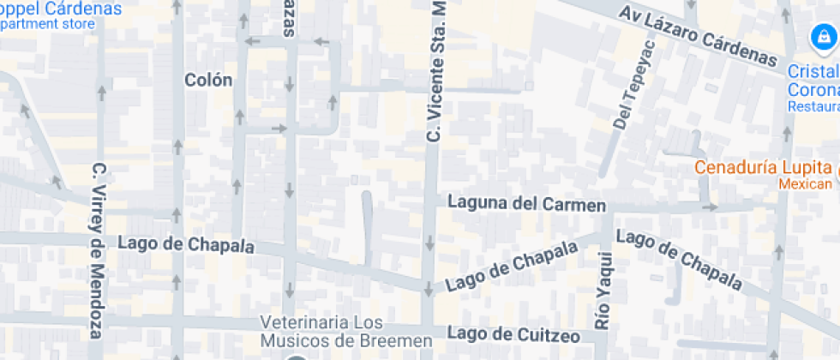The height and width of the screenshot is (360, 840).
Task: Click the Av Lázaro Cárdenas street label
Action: tap(698, 34)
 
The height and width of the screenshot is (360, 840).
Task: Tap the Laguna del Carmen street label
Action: tap(526, 204)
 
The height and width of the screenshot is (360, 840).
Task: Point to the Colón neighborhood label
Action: tap(208, 80)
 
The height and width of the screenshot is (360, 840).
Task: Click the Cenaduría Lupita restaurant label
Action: tap(762, 168)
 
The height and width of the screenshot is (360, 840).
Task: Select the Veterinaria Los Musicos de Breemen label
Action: tap(346, 332)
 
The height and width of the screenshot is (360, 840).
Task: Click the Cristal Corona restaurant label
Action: tap(814, 82)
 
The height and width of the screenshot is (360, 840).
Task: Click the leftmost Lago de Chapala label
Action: tap(186, 244)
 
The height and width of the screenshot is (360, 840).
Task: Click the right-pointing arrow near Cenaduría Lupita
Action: tap(709, 207)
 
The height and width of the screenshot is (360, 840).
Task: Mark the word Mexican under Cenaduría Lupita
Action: tap(805, 184)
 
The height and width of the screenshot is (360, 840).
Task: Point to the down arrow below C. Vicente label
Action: tap(429, 243)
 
